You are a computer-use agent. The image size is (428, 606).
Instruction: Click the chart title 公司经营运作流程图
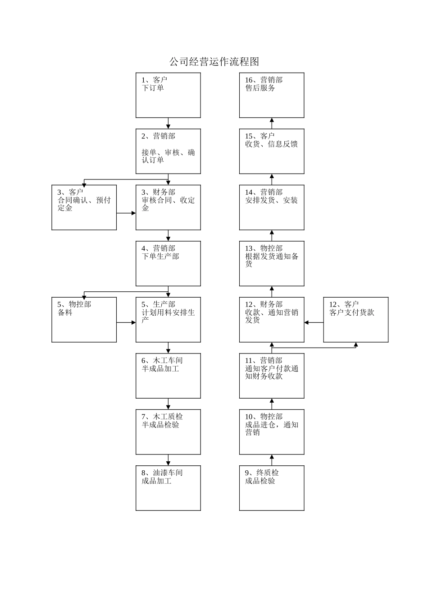coord(214,62)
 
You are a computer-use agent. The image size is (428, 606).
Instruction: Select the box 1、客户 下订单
coord(168,96)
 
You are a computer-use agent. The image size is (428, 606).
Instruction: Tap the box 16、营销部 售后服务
coord(271,96)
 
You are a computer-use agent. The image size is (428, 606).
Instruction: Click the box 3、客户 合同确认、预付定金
coord(84,207)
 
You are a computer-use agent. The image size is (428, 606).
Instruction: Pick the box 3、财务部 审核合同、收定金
coord(168,207)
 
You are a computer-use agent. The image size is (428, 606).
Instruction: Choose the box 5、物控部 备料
coord(84,320)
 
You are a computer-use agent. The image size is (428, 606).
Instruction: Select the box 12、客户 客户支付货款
coord(355,320)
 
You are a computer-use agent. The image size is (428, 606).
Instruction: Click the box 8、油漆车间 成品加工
coord(168,488)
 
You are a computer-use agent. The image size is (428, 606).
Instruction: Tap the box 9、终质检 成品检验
coord(271,488)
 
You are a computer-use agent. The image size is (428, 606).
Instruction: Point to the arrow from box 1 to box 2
coord(168,124)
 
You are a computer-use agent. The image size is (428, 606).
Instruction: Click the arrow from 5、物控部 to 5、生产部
coord(126,322)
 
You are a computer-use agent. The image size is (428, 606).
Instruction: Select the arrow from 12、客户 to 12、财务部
coord(314,322)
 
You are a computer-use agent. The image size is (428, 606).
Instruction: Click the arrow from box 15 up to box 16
coord(272,123)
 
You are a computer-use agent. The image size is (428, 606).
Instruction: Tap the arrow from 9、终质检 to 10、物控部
coord(272,460)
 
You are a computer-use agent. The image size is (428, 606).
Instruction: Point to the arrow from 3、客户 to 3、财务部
coord(126,213)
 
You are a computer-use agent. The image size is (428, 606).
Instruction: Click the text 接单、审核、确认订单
coord(168,156)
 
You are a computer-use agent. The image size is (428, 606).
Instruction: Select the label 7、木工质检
coord(162,417)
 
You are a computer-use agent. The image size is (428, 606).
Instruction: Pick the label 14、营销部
coord(264,192)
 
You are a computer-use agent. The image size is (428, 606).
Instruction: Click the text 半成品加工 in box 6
coord(160,369)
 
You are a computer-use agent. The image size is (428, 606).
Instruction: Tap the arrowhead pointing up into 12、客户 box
coord(355,345)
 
